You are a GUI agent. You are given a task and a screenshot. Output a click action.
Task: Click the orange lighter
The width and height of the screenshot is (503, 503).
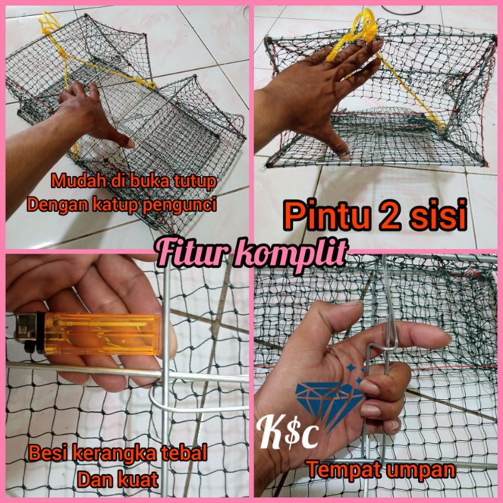click(x=88, y=333)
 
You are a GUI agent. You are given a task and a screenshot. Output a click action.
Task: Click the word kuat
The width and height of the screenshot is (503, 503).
click(x=140, y=480)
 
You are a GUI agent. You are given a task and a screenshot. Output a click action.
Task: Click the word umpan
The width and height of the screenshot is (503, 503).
click(x=421, y=470)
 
